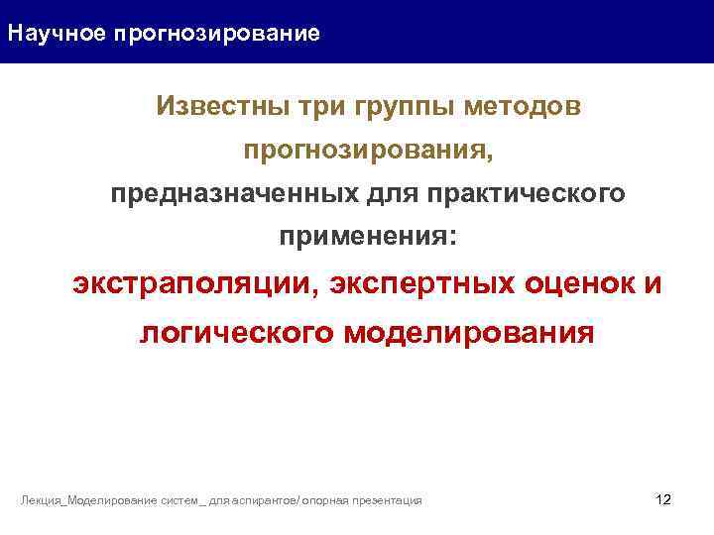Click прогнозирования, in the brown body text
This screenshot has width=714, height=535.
point(368,152)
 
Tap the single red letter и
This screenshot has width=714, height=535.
point(651,285)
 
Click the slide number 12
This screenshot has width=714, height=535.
point(664,499)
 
